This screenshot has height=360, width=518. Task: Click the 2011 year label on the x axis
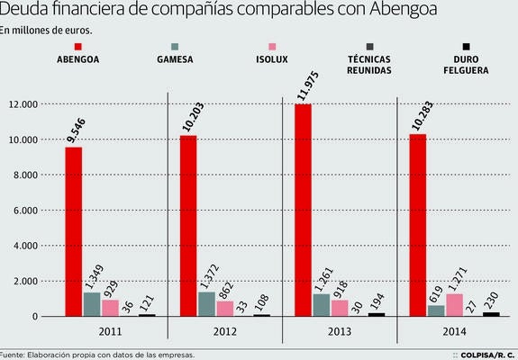tap(110, 331)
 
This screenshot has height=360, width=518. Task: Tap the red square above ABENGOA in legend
tap(78, 47)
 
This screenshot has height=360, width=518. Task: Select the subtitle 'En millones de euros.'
tap(47, 30)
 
